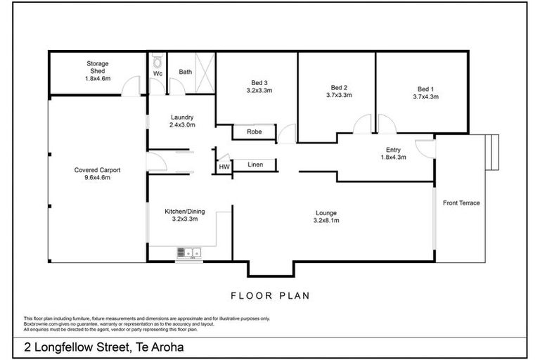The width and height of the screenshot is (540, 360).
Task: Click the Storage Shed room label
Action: pos(98,64)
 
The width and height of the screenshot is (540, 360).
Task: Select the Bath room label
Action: pos(185,72)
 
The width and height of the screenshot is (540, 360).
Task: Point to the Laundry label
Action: pos(182,117)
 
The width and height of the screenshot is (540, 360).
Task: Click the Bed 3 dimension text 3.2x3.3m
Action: pos(259,90)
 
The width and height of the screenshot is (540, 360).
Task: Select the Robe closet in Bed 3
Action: pos(255,131)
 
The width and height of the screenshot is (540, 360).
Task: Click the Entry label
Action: pos(393,149)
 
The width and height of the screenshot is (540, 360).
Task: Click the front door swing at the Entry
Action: pos(423,148)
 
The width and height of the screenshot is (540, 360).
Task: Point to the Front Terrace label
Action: pos(461,203)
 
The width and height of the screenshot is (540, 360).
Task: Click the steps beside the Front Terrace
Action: pos(493,153)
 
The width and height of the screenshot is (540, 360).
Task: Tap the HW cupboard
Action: pos(224,167)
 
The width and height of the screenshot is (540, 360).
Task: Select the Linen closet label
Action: pos(256,165)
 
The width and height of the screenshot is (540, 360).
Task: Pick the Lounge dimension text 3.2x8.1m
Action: pos(326,220)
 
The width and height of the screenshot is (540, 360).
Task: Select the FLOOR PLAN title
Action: pos(270,295)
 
